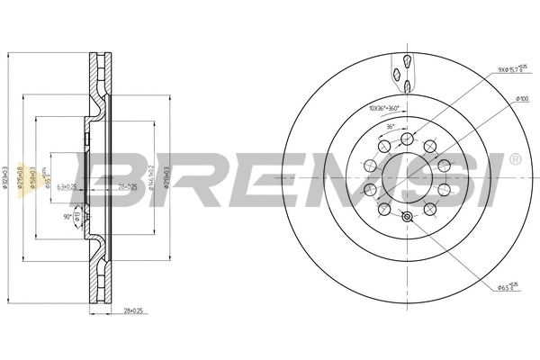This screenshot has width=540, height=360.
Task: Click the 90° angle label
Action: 68,216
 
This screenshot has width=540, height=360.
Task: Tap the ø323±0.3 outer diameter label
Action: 7,180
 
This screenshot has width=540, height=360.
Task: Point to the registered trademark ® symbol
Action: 514,159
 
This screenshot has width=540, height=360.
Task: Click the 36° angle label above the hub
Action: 390,127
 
